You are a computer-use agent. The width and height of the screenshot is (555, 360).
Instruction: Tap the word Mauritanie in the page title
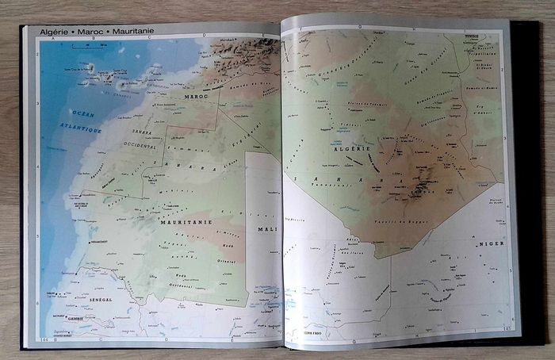(x=133, y=31)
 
